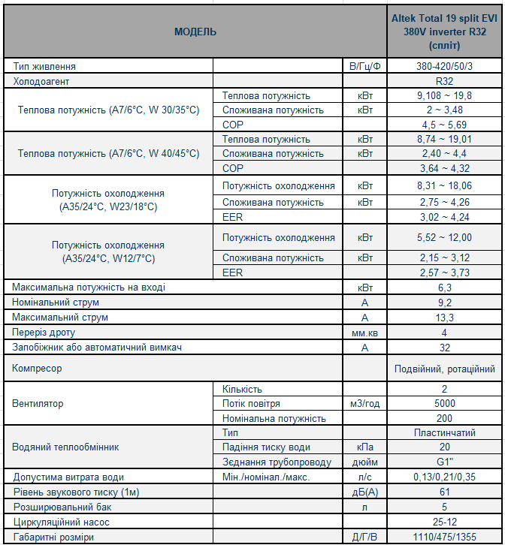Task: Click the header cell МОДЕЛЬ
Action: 195,32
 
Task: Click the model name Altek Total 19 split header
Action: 444,32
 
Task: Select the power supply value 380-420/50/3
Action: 444,66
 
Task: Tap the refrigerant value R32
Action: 444,80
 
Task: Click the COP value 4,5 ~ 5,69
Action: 444,125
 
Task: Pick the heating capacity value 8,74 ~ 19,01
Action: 444,140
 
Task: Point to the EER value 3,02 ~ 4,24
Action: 444,218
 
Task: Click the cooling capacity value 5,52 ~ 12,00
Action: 444,238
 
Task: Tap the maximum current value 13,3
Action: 444,318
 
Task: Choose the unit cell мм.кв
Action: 364,333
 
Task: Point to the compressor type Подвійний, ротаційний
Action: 444,369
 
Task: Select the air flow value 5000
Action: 444,404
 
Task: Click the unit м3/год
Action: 364,404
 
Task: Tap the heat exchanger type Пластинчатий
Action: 444,433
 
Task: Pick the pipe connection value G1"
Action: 444,462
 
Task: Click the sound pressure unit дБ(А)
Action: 364,492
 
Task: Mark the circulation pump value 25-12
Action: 444,522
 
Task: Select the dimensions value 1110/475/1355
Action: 444,537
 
